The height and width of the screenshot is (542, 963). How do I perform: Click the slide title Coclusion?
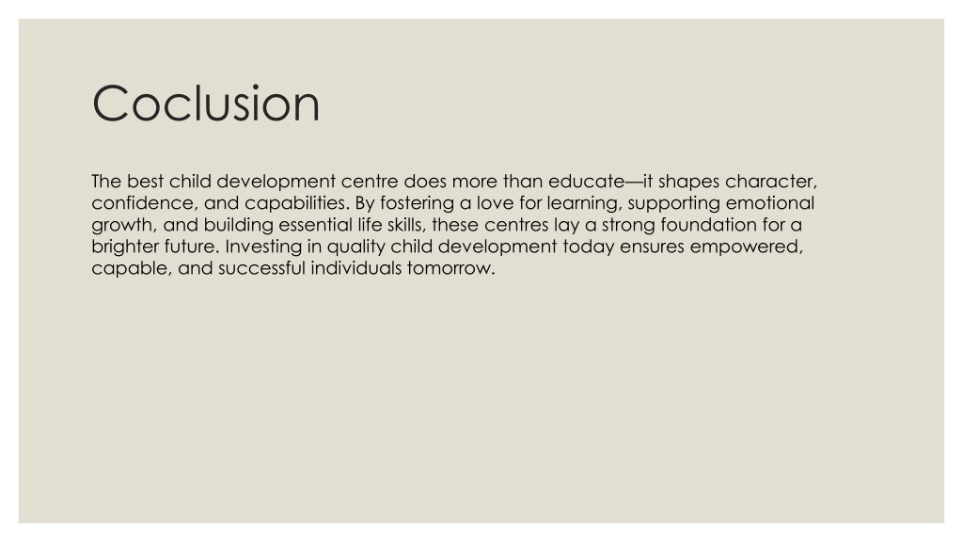pos(206,104)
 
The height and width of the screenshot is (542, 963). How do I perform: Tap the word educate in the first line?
pos(586,182)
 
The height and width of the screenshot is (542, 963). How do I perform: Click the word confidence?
pos(142,203)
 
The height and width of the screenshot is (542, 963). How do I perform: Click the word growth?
pos(122,225)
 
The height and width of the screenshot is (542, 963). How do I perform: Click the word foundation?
pos(709,224)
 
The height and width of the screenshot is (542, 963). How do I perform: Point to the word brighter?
pos(125,247)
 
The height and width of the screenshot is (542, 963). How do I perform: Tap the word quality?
pos(355,247)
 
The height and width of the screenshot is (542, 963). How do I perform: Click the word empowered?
pos(745,247)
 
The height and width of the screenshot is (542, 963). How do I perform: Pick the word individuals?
pos(356,268)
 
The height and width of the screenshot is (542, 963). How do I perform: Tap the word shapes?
pos(688,182)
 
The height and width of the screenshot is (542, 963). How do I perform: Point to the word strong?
pos(628,225)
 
